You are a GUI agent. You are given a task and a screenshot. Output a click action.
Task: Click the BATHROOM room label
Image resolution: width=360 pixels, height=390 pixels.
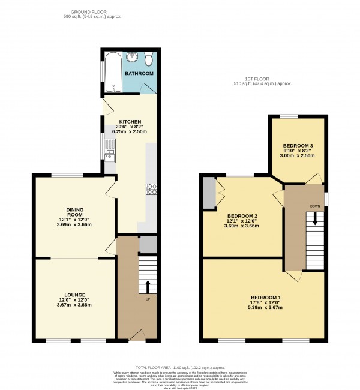click(139, 73)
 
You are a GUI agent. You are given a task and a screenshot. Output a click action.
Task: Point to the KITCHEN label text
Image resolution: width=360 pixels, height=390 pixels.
click(130, 121)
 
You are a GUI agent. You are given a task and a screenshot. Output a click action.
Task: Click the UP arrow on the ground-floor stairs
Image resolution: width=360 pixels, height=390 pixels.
click(147, 286)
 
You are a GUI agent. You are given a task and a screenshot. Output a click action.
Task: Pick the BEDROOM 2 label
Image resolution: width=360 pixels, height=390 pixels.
click(242, 216)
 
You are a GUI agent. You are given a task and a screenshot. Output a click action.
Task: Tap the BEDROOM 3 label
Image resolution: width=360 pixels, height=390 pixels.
click(298, 146)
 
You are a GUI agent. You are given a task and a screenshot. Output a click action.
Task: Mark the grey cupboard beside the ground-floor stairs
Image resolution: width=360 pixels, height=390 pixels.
click(148, 244)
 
